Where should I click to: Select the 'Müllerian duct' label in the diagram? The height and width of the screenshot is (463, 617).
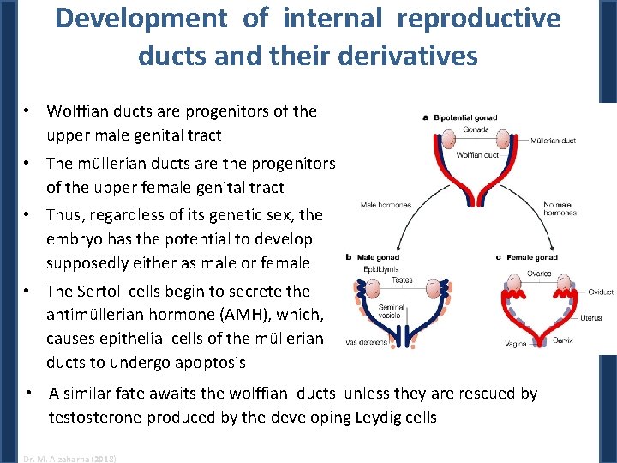tap(553, 140)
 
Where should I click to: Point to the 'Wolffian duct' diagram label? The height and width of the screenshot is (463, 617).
tap(478, 155)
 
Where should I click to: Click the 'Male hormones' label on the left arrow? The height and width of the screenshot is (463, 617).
tap(386, 206)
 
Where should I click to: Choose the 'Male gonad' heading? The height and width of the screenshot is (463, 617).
tap(378, 257)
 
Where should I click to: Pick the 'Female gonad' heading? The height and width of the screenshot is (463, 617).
tap(531, 257)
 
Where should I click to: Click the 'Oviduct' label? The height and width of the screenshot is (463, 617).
tap(600, 292)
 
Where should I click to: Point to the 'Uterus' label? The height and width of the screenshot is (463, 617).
tap(590, 318)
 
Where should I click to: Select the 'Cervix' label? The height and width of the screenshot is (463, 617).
tap(563, 340)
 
